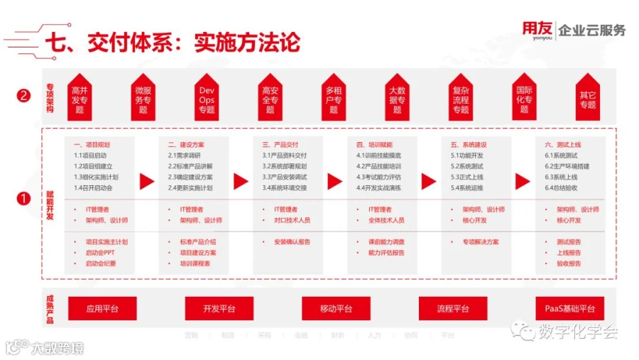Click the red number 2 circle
click(x=24, y=96)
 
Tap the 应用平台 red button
click(x=102, y=309)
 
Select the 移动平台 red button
click(x=336, y=309)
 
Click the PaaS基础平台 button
click(x=569, y=309)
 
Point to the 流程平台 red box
click(x=452, y=309)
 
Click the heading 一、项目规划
click(x=92, y=144)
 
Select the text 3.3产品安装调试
click(x=284, y=177)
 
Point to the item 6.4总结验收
click(x=561, y=188)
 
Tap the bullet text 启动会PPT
click(x=100, y=253)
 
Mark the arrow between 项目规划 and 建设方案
click(x=147, y=182)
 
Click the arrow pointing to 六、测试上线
click(x=523, y=182)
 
